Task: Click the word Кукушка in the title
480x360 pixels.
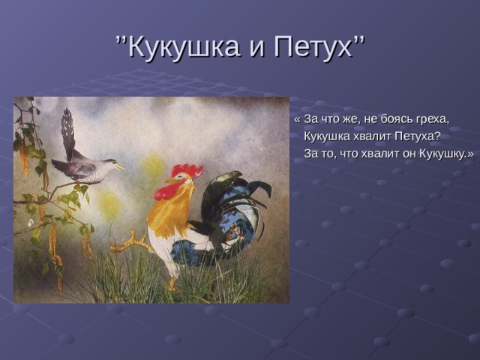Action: [x=183, y=46]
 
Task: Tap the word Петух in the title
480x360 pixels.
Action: [x=313, y=46]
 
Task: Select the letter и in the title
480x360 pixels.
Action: [x=256, y=49]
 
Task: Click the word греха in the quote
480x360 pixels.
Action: [x=432, y=120]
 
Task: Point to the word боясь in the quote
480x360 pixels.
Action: [x=397, y=118]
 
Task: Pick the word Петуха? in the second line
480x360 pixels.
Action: [x=417, y=136]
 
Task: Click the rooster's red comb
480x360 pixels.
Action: [x=187, y=170]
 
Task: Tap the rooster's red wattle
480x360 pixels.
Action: [x=165, y=192]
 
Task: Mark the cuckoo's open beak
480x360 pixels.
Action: [x=120, y=167]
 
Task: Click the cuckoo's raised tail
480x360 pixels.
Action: [x=68, y=133]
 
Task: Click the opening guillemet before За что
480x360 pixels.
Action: [x=297, y=119]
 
